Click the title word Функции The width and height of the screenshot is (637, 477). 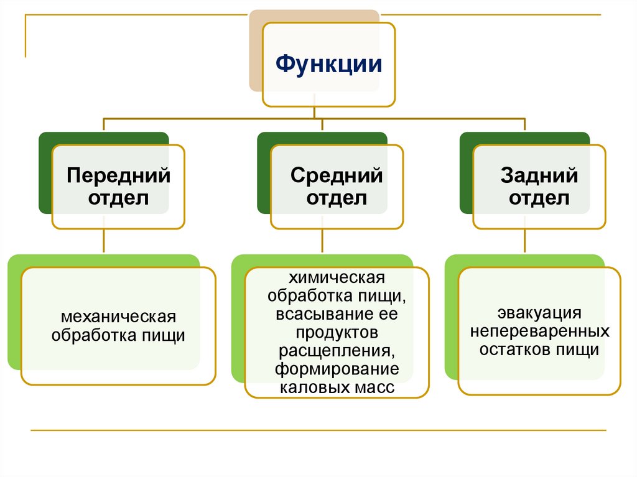[x=328, y=64]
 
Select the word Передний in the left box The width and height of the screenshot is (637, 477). [x=118, y=175]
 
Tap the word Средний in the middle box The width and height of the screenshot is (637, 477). [x=337, y=175]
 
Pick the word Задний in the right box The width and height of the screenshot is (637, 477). [x=539, y=175]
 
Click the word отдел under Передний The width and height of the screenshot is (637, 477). [x=118, y=198]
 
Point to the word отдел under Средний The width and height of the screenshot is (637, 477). [x=337, y=198]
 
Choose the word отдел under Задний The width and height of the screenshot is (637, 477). [x=539, y=198]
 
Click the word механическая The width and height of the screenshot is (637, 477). [x=118, y=317]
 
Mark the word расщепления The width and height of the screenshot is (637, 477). [x=337, y=351]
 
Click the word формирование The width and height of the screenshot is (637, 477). [x=337, y=370]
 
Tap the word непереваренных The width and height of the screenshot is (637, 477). [x=539, y=330]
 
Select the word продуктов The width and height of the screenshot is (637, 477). [x=337, y=332]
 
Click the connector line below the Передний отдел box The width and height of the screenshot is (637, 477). [x=104, y=241]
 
